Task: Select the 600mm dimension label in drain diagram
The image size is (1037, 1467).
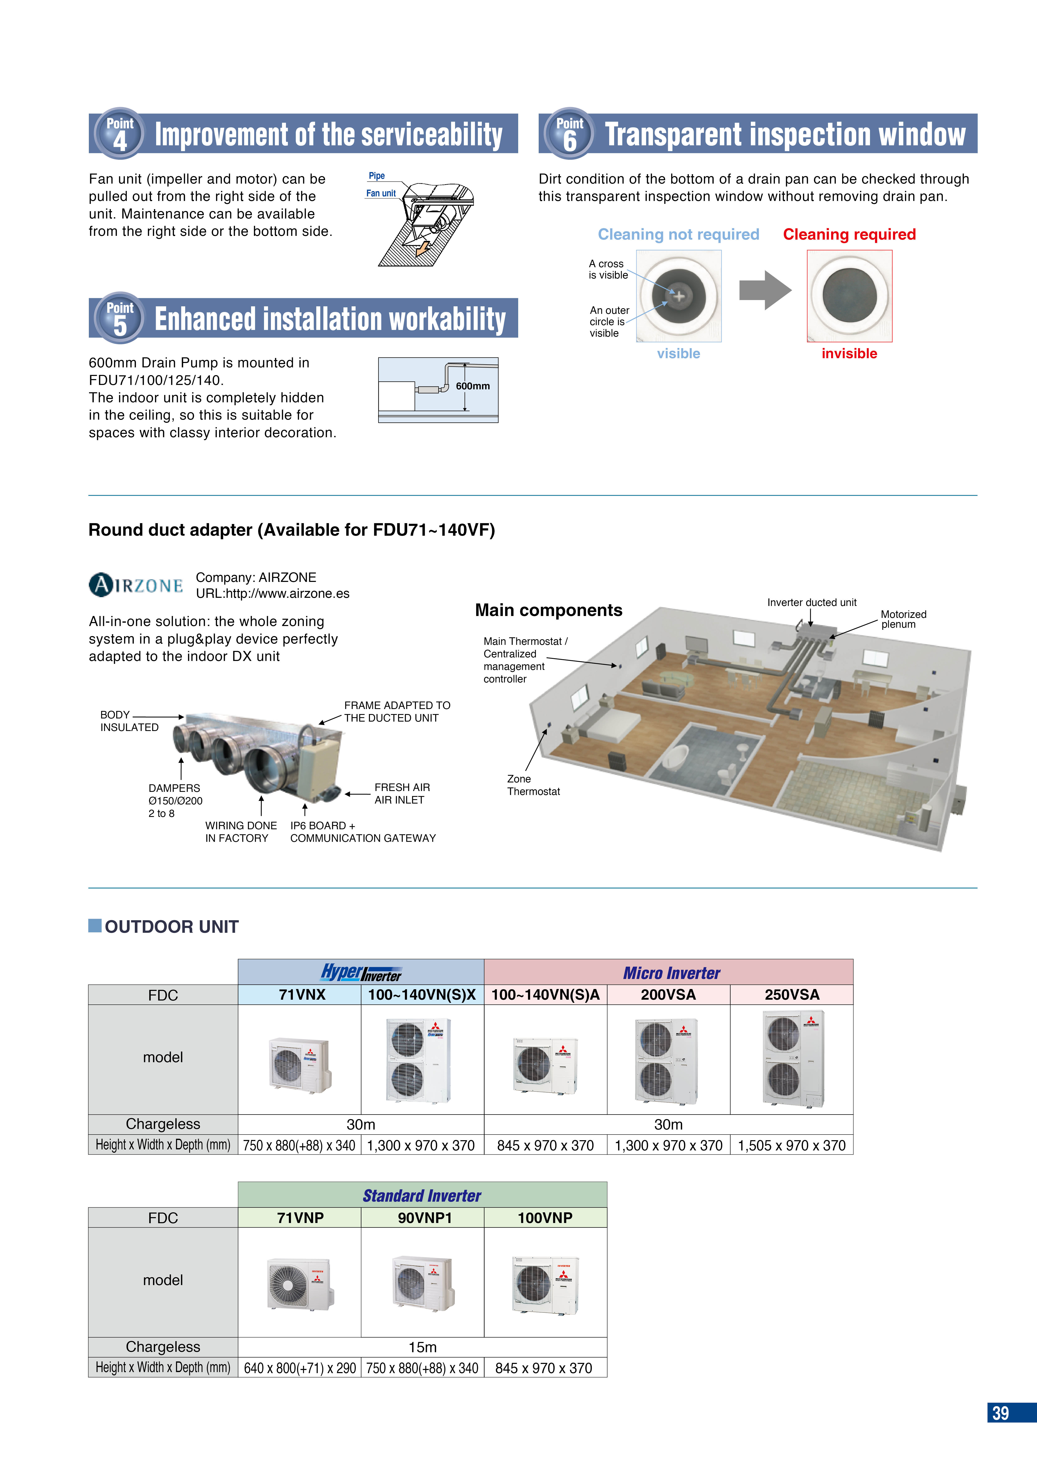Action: tap(473, 386)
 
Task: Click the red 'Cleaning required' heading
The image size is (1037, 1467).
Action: tap(849, 234)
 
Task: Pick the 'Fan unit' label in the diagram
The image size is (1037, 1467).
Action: tap(381, 193)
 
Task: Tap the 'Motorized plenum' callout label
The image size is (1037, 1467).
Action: tap(903, 619)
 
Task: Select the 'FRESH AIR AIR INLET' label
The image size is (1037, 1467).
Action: tap(402, 794)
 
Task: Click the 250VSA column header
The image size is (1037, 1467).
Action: tap(792, 995)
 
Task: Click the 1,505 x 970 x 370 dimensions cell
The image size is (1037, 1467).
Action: tap(792, 1146)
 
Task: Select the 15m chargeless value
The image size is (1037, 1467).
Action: tap(422, 1347)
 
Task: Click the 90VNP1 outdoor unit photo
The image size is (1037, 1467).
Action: tap(422, 1282)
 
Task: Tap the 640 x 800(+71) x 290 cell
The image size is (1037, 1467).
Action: tap(300, 1368)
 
